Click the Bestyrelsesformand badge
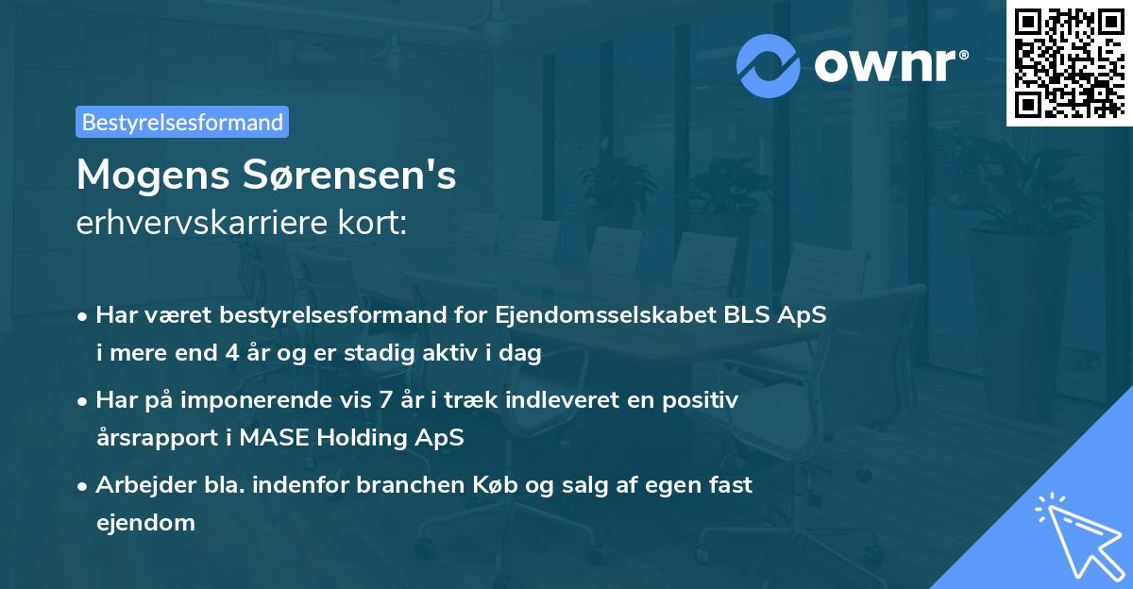point(182,122)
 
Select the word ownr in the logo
point(883,64)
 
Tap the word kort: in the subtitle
point(375,224)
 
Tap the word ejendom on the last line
point(145,522)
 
